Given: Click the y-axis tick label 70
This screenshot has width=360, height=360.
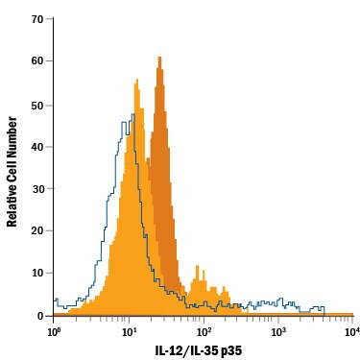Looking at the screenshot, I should click(37, 19).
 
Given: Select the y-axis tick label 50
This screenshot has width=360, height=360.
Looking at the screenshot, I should click(37, 104).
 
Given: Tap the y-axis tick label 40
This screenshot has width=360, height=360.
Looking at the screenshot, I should click(37, 146).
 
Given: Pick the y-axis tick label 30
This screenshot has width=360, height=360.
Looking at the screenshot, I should click(37, 188).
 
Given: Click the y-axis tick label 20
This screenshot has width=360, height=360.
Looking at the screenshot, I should click(37, 230).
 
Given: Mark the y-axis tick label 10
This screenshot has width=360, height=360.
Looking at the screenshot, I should click(37, 273).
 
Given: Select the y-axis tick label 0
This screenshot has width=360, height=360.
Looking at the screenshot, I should click(40, 315).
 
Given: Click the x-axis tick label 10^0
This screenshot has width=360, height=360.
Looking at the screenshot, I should click(55, 331).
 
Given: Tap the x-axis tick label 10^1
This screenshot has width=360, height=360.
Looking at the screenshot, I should click(129, 331).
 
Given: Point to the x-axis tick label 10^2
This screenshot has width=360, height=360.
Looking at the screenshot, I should click(204, 331).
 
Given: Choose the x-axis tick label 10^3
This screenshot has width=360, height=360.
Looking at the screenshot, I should click(278, 331).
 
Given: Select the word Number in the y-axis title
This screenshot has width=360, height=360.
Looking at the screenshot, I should click(12, 132).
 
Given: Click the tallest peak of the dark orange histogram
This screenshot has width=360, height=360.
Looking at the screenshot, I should click(160, 59).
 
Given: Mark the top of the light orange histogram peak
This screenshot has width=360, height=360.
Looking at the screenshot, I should click(136, 82).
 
